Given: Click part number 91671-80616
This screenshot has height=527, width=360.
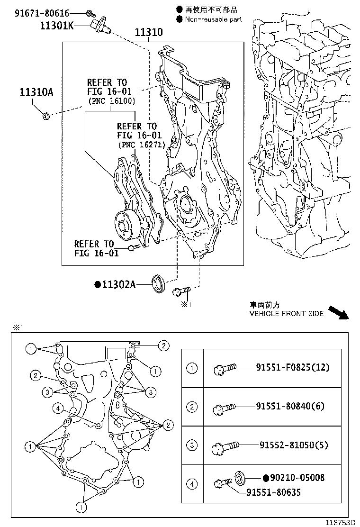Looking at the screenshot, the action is coord(42,13).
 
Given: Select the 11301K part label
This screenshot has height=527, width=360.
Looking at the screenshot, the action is coord(57,26).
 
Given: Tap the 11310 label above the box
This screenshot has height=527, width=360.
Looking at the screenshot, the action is coord(149,32).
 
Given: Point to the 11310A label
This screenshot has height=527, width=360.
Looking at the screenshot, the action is coord(36,92).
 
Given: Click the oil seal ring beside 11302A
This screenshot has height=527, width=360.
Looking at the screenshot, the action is coord(159,283).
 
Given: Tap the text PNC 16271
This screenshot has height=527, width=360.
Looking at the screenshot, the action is coord(142,145).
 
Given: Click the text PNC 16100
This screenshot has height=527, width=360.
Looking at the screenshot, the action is coord(112,101).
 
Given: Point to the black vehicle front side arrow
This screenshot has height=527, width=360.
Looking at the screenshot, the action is coord(339,312).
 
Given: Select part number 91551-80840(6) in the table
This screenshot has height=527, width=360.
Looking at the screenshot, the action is coord(290,406).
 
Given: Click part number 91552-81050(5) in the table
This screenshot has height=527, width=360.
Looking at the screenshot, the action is coord(294,445).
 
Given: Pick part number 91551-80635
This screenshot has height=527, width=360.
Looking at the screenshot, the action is coord(274,492).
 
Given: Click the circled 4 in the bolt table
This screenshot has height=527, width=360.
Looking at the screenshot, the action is coord(192,484).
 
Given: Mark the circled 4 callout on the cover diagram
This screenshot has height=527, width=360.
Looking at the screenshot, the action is coord(58,409).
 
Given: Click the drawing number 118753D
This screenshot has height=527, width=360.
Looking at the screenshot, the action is coord(340,522).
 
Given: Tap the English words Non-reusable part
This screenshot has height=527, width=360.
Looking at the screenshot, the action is coord(214,19).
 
